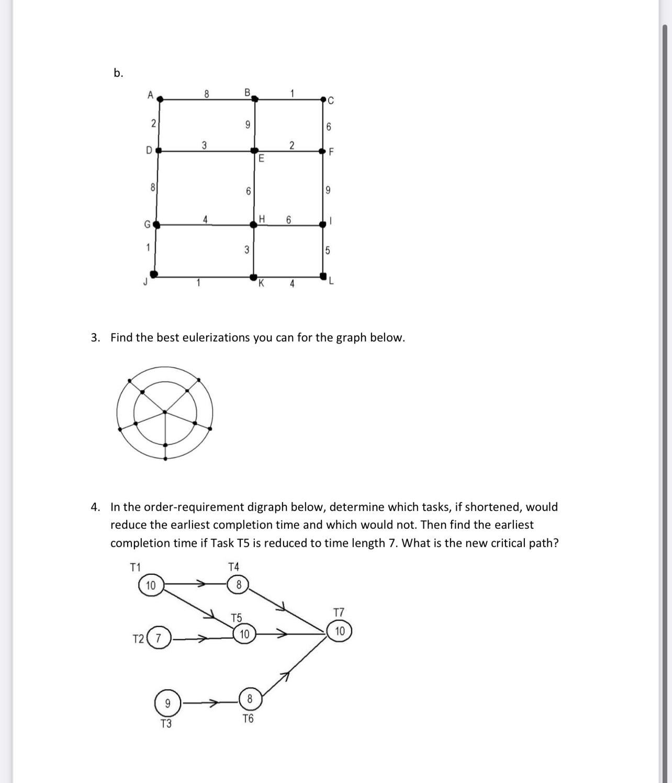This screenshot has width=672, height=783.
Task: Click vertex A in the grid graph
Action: pos(160,98)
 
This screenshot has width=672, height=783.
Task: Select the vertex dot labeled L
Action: pos(323,275)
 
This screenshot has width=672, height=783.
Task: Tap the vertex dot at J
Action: pos(154,274)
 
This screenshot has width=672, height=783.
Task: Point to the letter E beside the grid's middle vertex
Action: pos(261,158)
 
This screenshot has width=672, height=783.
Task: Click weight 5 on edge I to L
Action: pos(328,250)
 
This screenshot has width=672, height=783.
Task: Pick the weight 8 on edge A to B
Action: pos(206,94)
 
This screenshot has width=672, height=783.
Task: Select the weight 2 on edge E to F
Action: pos(292,144)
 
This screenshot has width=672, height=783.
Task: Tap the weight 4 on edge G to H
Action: pos(206,219)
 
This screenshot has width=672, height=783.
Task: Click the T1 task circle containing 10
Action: pos(151,585)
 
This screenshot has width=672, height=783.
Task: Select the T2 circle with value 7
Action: pos(160,638)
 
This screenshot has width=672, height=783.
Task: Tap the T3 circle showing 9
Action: pos(167,703)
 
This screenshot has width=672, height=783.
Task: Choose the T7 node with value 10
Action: pos(340,631)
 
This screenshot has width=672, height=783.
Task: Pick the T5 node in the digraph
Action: pos(244,634)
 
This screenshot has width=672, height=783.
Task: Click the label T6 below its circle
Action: pos(248,719)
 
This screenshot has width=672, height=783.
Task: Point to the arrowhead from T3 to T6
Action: pos(214,703)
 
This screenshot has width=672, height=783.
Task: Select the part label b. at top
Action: pos(118,73)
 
